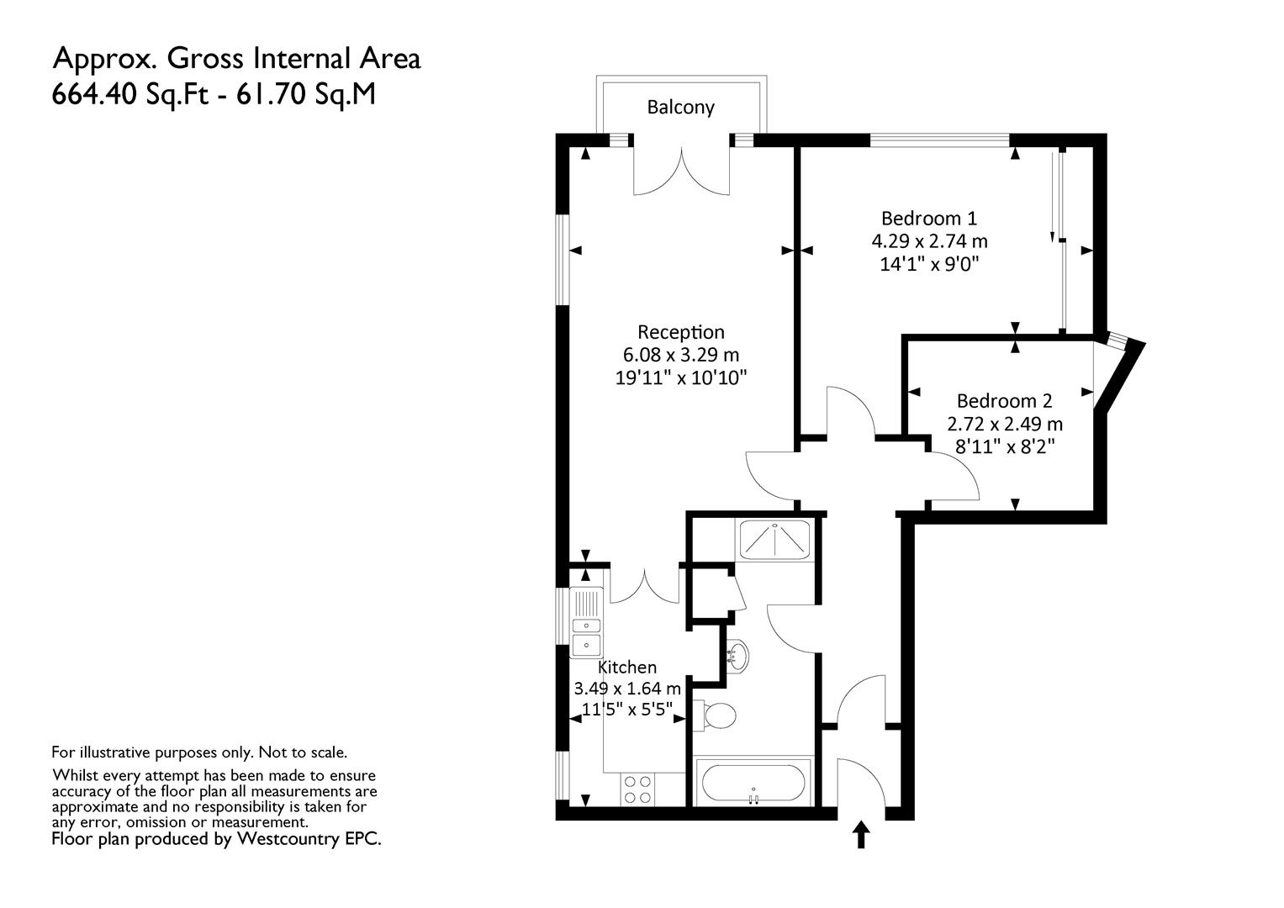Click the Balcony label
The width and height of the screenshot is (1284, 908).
(680, 108)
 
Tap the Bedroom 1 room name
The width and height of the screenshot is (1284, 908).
(929, 219)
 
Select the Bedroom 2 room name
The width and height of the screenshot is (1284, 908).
(1004, 401)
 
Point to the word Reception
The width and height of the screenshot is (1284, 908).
(681, 332)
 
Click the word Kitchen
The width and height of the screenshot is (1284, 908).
(627, 668)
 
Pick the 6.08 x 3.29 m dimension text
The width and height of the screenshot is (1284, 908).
(681, 355)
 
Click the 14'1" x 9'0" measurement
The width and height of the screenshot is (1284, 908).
(929, 264)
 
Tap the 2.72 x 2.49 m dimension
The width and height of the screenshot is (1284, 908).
(1005, 425)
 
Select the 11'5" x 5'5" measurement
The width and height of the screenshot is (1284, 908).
(627, 709)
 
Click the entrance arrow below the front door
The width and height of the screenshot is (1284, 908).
(860, 835)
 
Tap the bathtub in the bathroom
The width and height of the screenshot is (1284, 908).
(753, 782)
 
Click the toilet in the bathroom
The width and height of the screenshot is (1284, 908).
(715, 715)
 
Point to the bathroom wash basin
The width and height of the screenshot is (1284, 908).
(737, 655)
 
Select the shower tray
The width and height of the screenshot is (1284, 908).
(774, 540)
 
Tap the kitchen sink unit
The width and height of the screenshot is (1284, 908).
(586, 622)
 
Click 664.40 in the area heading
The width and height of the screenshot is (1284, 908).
(94, 94)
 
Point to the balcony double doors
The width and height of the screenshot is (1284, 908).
(682, 172)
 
